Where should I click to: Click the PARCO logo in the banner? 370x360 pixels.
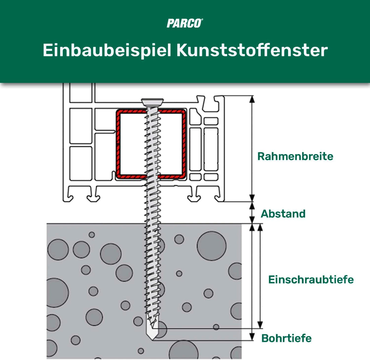pos(184,24)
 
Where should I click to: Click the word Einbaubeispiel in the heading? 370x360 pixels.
pos(107,50)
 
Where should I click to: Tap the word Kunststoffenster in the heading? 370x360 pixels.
pos(252,50)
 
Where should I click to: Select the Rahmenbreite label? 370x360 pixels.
pos(295,157)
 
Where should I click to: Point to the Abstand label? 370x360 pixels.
pos(283,214)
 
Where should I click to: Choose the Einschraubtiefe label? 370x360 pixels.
pos(311,280)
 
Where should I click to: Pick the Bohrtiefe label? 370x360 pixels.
pos(286,338)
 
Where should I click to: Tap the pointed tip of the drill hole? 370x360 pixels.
pos(152,339)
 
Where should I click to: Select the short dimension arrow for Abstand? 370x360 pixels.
pos(252,213)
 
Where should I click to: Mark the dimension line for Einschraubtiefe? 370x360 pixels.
pos(260,276)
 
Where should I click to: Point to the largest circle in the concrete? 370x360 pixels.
pos(211,246)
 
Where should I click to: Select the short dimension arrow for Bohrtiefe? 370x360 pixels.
pos(252,334)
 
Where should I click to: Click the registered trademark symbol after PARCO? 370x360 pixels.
pos(202,21)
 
